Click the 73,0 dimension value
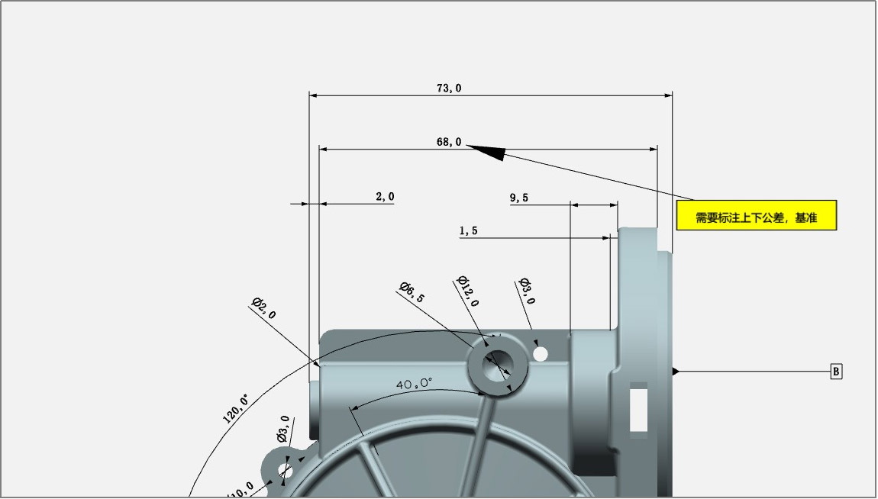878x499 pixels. tap(449, 88)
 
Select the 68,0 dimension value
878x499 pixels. tap(449, 142)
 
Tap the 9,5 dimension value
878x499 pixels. tap(519, 198)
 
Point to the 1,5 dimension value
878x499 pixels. tap(469, 230)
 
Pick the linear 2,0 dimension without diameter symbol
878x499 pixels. tap(385, 196)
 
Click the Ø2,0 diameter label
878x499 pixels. tap(263, 308)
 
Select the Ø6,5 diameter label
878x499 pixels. tap(412, 292)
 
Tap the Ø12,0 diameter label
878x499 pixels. tap(468, 291)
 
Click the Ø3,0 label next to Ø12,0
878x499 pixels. tap(527, 291)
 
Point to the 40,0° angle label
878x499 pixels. tap(415, 385)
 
